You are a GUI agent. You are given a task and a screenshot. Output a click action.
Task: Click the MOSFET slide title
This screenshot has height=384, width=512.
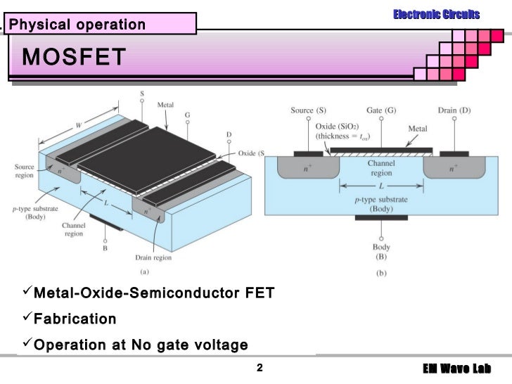pyautogui.click(x=74, y=57)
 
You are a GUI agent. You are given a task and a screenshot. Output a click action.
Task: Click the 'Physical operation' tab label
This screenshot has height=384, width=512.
pyautogui.click(x=77, y=25)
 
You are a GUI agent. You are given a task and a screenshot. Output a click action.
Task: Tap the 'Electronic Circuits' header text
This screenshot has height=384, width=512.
pyautogui.click(x=436, y=14)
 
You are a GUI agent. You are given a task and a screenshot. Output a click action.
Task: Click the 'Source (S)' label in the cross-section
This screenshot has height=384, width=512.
pyautogui.click(x=311, y=110)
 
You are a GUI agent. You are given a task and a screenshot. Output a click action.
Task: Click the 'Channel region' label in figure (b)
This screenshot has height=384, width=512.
pyautogui.click(x=380, y=168)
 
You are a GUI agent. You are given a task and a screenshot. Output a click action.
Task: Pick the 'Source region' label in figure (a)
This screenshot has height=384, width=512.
pyautogui.click(x=24, y=171)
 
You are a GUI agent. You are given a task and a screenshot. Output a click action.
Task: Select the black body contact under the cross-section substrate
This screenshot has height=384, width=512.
pyautogui.click(x=380, y=217)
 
